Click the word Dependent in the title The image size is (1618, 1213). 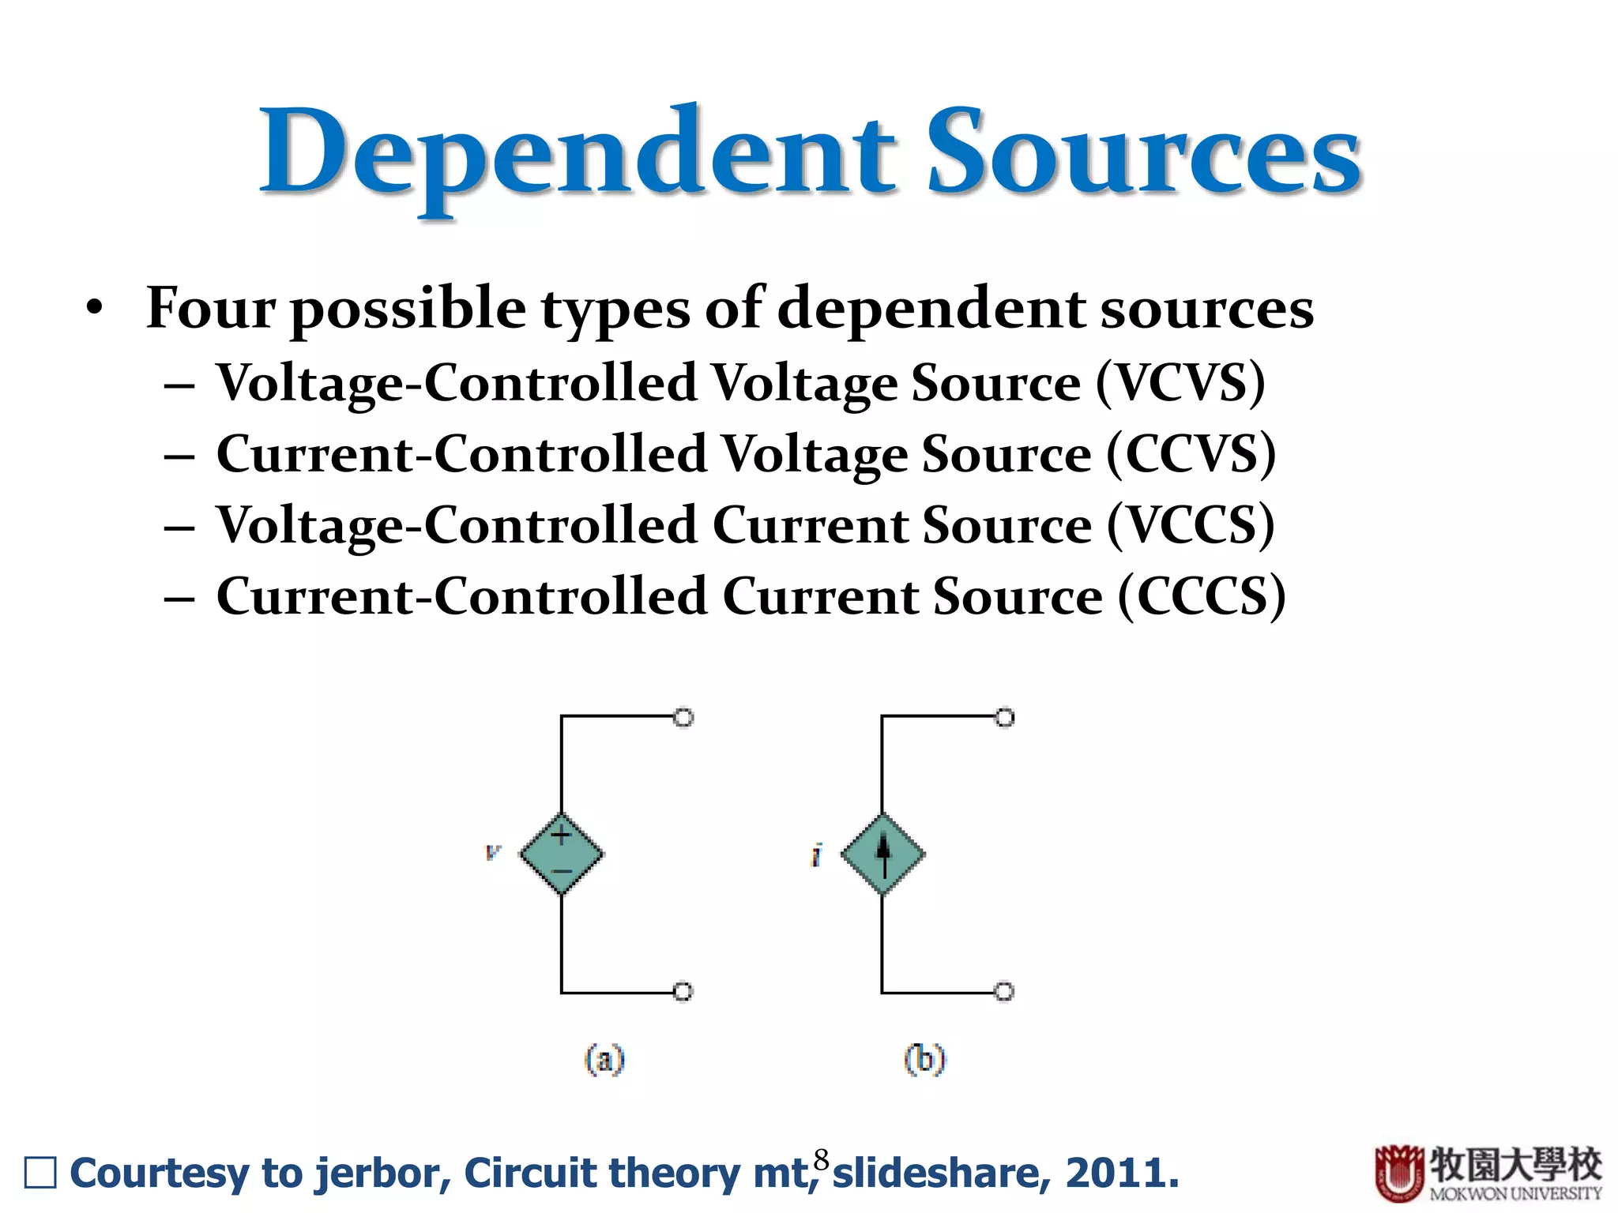[x=577, y=154]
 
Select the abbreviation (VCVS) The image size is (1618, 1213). [x=1180, y=383]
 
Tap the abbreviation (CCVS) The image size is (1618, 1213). [x=1191, y=454]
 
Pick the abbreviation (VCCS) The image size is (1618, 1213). [x=1190, y=525]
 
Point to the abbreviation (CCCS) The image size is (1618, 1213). [x=1201, y=596]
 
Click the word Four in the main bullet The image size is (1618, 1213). [x=209, y=308]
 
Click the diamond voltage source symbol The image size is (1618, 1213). [x=562, y=854]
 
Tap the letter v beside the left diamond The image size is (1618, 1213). [x=493, y=852]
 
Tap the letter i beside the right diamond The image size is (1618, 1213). [x=816, y=854]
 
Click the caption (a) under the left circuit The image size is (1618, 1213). [x=604, y=1059]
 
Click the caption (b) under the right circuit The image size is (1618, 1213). [x=924, y=1059]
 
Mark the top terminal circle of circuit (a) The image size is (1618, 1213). [x=684, y=717]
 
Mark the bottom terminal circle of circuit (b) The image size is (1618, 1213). [x=1004, y=991]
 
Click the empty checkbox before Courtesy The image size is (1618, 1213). [x=40, y=1173]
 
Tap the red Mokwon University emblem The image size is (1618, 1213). [x=1399, y=1173]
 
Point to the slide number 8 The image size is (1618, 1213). [x=822, y=1159]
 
